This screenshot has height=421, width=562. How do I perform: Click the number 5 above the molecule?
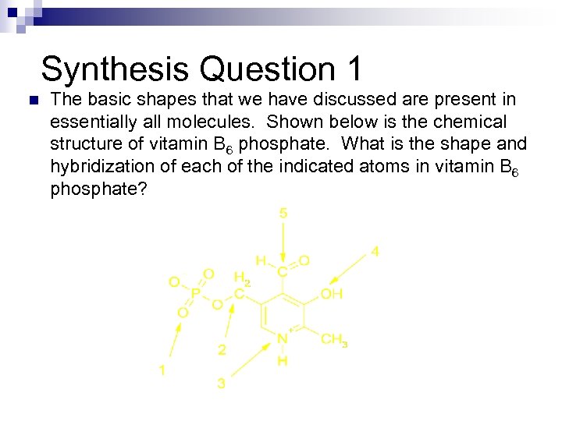coord(283,213)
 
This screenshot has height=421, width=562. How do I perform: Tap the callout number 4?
coord(375,252)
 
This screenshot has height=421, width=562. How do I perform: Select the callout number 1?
coord(162,370)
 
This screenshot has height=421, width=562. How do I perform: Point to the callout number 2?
coord(222,350)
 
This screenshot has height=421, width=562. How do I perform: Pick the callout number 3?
coord(222,384)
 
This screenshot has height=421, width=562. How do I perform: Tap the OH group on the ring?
coord(332,294)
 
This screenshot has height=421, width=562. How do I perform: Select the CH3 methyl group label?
coord(334,340)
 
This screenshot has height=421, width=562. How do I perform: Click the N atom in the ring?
coord(283,339)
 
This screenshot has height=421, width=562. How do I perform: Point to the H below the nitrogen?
coord(283,361)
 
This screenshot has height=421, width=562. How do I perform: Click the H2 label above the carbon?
coord(242,278)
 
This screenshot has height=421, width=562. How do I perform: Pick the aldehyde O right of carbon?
coord(304,260)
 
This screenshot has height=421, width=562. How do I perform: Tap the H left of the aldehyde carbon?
coord(261,260)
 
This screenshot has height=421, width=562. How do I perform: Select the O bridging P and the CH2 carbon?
coord(217,306)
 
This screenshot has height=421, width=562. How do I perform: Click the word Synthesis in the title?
coord(114,69)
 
